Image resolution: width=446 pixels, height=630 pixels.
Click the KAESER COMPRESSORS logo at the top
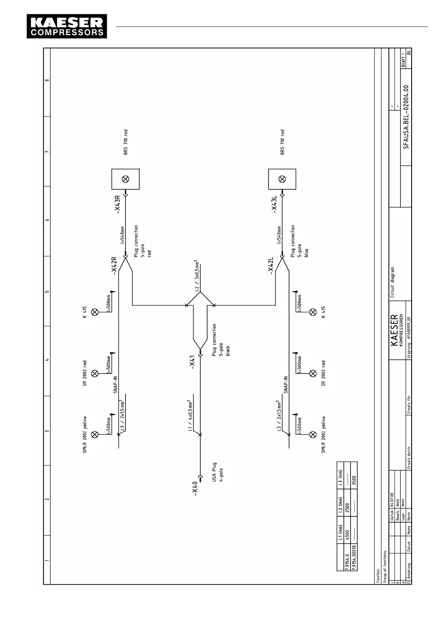(x=67, y=27)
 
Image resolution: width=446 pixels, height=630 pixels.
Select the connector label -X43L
(x=274, y=204)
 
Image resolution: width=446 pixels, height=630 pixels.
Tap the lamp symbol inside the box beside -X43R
(x=125, y=179)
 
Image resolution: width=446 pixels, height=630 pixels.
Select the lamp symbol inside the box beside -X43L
(x=282, y=179)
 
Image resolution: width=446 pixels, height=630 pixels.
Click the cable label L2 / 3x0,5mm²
(x=197, y=276)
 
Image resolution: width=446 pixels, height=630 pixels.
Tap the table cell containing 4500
(x=347, y=534)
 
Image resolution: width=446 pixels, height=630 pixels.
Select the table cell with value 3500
(x=354, y=480)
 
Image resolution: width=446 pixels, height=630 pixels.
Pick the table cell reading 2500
(x=347, y=507)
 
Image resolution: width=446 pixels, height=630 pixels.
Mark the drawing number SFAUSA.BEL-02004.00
(x=406, y=117)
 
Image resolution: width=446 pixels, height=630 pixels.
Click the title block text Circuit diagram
(x=393, y=282)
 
